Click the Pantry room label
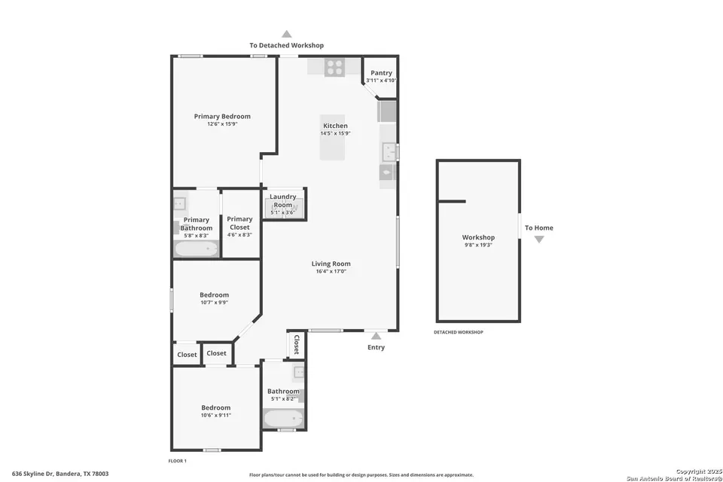point(380,73)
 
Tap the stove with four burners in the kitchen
point(334,67)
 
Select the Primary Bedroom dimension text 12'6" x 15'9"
point(222,124)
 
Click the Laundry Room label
point(283,201)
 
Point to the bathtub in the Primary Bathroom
point(197,249)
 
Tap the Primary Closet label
point(239,223)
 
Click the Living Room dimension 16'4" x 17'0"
point(331,271)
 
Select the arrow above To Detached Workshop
point(286,34)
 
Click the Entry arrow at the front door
point(376,334)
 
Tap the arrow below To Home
point(538,239)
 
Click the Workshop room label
point(478,237)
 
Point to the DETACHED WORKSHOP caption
point(458,332)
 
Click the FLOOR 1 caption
point(177,460)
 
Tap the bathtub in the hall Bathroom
point(283,419)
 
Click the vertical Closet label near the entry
point(297,344)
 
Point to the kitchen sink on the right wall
point(389,152)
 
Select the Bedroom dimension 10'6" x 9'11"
point(216,415)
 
